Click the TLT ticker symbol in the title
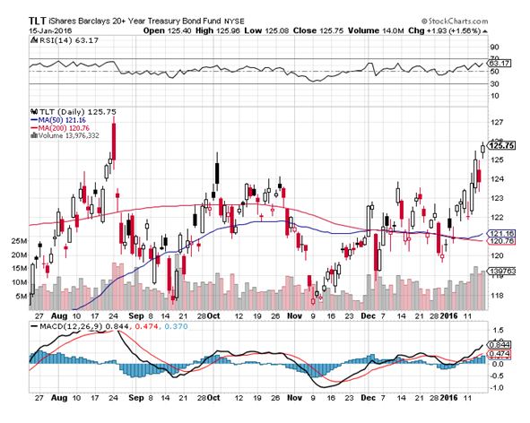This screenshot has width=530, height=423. click(x=37, y=21)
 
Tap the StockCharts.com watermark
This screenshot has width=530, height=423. click(x=455, y=21)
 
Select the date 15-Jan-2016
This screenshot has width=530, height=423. click(x=50, y=30)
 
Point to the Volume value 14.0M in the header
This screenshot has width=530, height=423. click(x=393, y=30)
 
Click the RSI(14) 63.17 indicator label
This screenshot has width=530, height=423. click(x=65, y=40)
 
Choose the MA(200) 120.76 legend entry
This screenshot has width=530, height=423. click(x=60, y=128)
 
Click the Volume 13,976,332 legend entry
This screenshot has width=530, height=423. click(x=65, y=135)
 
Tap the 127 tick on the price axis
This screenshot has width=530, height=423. click(x=496, y=122)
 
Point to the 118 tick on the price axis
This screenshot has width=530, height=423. click(x=496, y=296)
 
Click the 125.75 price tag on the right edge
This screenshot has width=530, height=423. click(x=502, y=145)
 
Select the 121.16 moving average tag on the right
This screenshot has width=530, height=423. click(x=502, y=234)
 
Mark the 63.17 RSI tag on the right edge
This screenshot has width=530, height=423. click(x=500, y=63)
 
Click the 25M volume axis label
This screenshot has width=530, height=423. click(x=19, y=241)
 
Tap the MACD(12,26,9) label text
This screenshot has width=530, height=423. click(x=72, y=326)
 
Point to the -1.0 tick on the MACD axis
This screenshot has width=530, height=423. click(x=496, y=387)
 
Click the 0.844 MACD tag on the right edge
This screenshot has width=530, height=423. click(x=500, y=345)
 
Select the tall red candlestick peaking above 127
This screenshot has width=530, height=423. click(x=114, y=142)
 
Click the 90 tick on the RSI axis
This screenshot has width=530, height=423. click(x=495, y=47)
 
